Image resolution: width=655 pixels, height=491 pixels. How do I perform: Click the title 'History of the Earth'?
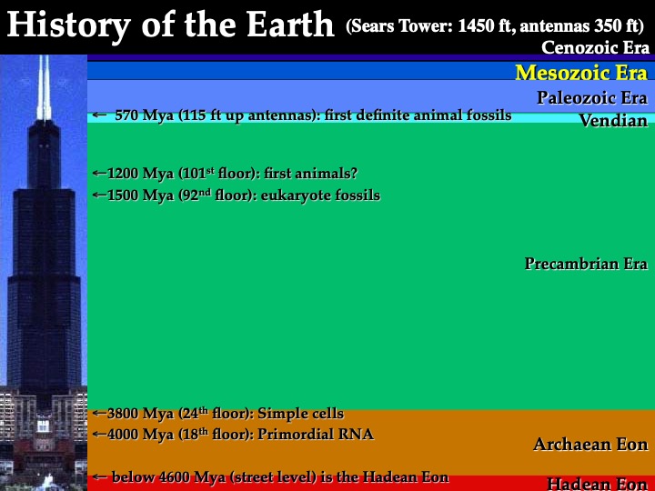pyautogui.click(x=170, y=25)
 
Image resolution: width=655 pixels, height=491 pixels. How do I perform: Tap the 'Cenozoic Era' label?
pyautogui.click(x=595, y=47)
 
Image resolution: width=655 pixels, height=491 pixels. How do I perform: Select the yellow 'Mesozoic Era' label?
pyautogui.click(x=581, y=72)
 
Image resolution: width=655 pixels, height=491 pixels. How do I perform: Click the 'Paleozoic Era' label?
pyautogui.click(x=592, y=97)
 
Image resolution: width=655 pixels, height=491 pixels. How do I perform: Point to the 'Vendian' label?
pyautogui.click(x=613, y=120)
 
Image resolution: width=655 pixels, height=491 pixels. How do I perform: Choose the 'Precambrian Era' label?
pyautogui.click(x=586, y=264)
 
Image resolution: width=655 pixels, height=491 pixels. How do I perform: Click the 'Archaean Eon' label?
pyautogui.click(x=590, y=444)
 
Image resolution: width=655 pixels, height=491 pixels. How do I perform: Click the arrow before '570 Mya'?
pyautogui.click(x=99, y=115)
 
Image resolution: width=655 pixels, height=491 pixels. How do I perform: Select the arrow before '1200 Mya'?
pyautogui.click(x=99, y=173)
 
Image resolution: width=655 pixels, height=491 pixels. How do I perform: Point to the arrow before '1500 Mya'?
pyautogui.click(x=99, y=195)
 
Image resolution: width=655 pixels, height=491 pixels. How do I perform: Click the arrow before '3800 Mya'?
pyautogui.click(x=99, y=414)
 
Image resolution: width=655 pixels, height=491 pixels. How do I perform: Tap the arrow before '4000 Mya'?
pyautogui.click(x=99, y=435)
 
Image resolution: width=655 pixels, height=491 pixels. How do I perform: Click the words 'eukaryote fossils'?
pyautogui.click(x=320, y=195)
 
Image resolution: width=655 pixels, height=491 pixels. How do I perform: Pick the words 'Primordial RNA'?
pyautogui.click(x=316, y=435)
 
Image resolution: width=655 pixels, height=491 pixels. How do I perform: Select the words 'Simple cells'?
pyautogui.click(x=301, y=414)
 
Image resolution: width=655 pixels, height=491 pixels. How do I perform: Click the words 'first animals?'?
pyautogui.click(x=310, y=173)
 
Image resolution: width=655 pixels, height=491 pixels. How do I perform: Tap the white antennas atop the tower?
pyautogui.click(x=44, y=87)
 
